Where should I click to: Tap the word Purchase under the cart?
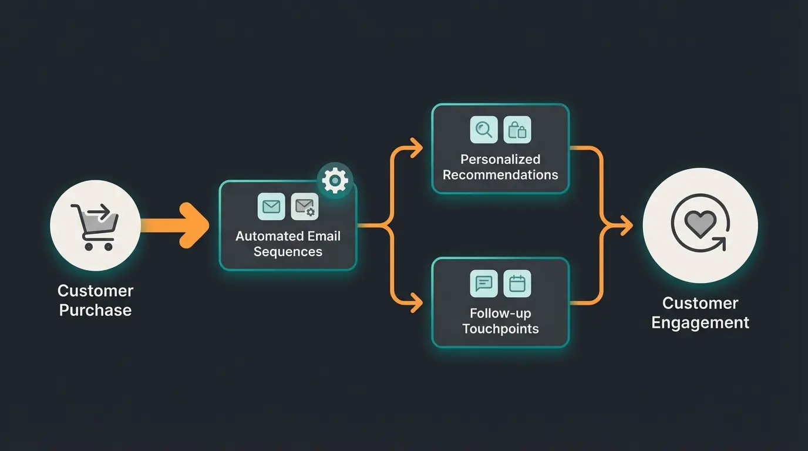coord(95,310)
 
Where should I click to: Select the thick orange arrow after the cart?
coord(176,225)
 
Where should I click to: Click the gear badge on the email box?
coord(335,180)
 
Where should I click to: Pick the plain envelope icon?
coord(271,207)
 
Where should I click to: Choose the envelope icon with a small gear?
coord(305,207)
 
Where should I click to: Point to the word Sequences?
coord(288,252)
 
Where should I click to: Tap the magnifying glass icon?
coord(484,130)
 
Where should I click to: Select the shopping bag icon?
coord(517,130)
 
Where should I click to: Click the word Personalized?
coord(500,159)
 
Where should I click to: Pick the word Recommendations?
coord(500,175)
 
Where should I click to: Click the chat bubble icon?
coord(484,284)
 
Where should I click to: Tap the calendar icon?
coord(517,284)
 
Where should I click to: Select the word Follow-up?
coord(500,314)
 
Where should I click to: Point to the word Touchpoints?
coord(500,329)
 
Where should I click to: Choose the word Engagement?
coord(700,323)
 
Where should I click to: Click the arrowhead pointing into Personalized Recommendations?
coord(417,148)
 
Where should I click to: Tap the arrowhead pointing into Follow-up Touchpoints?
coord(417,303)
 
